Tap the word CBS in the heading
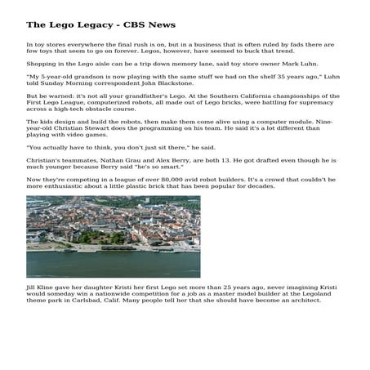click(x=124, y=25)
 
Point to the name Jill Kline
click(x=41, y=288)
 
